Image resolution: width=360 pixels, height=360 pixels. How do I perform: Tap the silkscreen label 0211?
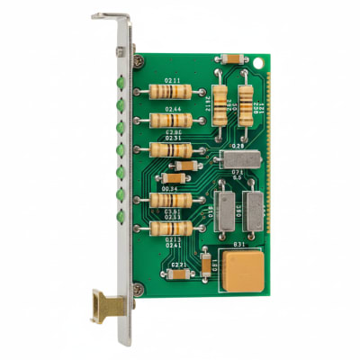(171, 81)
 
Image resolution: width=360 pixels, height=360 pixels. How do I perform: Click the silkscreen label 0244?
(171, 109)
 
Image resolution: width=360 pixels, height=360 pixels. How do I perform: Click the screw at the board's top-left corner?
(138, 61)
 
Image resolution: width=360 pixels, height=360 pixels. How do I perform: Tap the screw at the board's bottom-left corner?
(138, 288)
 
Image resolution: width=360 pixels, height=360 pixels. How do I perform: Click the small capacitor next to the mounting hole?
(229, 58)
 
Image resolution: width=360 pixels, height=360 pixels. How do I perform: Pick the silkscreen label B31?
(240, 244)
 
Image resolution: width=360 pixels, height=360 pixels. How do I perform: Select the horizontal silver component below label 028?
(238, 158)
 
